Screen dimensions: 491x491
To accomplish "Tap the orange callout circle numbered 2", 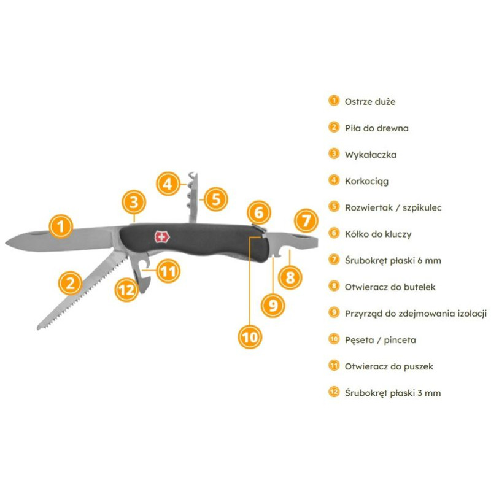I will (71, 283).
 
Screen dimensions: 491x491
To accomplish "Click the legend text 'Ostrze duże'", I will (365, 101).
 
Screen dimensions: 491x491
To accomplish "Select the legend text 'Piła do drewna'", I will (376, 128).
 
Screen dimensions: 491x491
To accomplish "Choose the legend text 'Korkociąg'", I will (366, 181).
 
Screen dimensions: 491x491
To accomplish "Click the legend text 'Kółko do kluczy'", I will (377, 234).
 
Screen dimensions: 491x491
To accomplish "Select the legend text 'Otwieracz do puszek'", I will (389, 366).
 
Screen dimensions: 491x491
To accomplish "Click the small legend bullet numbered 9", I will (333, 312).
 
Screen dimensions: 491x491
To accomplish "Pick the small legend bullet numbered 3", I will (333, 154).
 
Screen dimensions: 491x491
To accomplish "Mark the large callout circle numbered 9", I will (274, 304).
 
